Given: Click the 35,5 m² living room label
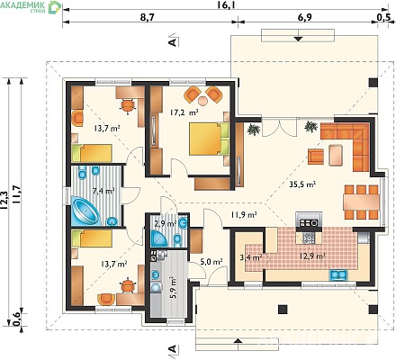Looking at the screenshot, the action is click(x=302, y=184).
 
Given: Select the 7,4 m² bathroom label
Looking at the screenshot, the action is click(x=103, y=191).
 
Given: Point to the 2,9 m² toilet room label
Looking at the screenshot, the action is click(x=165, y=223).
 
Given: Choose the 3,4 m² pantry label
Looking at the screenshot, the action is click(x=251, y=256).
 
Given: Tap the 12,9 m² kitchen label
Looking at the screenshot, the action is click(x=312, y=256).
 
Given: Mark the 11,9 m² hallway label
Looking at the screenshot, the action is click(x=244, y=214).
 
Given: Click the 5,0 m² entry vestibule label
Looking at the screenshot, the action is click(x=211, y=262).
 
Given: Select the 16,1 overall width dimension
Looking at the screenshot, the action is click(x=225, y=4).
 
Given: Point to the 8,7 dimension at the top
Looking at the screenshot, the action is click(x=148, y=17).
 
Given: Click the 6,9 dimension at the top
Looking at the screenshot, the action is click(x=305, y=17).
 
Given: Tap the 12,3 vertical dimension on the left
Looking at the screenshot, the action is click(x=5, y=199).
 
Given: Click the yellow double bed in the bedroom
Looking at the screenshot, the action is click(x=209, y=139).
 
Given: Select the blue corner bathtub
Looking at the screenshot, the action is click(x=85, y=211).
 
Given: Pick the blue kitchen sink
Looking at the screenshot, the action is click(x=338, y=274).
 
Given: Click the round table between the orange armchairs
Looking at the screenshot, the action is click(x=203, y=100).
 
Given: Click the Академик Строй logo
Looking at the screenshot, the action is click(x=31, y=7).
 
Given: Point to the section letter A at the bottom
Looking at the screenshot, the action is click(x=172, y=348).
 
